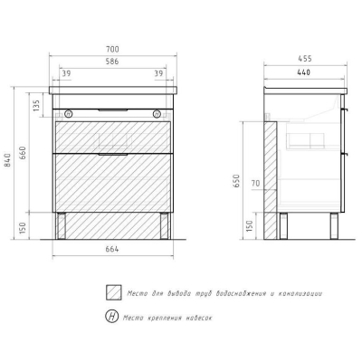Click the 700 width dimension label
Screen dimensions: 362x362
tap(112, 49)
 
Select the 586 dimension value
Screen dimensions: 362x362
tap(112, 62)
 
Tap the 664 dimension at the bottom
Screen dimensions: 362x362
tap(112, 249)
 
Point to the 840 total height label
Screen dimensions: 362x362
tap(7, 160)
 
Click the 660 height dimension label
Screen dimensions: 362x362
tap(23, 153)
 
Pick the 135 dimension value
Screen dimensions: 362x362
tap(36, 106)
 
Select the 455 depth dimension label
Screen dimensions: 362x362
tap(305, 59)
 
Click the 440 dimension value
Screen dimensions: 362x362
tap(303, 72)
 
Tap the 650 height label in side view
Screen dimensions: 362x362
tap(236, 181)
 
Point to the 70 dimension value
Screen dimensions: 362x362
tap(255, 183)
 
